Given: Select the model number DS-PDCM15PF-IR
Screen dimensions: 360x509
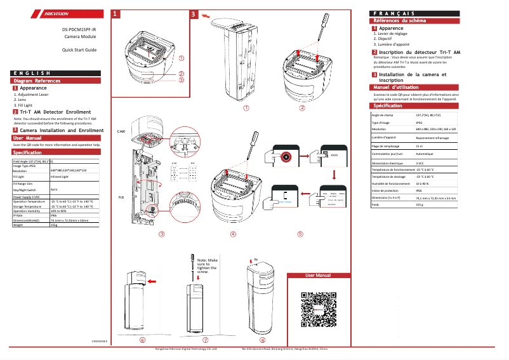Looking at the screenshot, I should [79, 30].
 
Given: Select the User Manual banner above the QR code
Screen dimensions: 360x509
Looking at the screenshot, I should [318, 276].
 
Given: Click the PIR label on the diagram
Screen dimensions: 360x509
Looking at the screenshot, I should [121, 197].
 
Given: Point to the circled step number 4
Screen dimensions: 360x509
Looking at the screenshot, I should [233, 234].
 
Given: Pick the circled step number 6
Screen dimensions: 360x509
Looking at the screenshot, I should [142, 340].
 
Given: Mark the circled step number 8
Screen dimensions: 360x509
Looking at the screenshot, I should [263, 340].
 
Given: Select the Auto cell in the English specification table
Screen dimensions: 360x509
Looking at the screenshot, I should [54, 189].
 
